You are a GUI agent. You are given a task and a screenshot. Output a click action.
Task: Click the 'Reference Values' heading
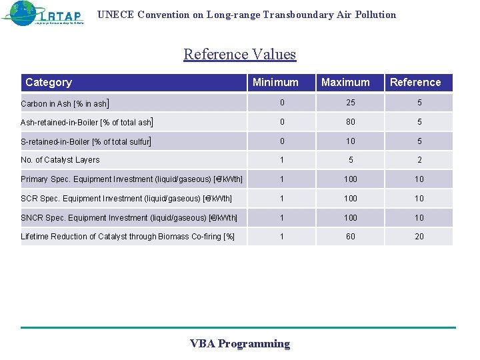point(239,54)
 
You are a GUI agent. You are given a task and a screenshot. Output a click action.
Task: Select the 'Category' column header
point(48,83)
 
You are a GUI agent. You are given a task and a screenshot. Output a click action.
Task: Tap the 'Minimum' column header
point(275,83)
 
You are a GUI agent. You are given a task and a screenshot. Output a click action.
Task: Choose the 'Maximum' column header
point(345,83)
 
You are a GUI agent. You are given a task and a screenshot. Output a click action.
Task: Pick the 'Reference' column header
point(415,83)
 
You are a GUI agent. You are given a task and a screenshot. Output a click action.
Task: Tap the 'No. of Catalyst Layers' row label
point(60,160)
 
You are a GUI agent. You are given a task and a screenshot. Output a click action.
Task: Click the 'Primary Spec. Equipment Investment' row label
point(131,179)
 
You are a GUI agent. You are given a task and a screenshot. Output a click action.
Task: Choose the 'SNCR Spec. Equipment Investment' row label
point(129,218)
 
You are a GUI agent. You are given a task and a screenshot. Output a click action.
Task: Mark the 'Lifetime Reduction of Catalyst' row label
point(127,237)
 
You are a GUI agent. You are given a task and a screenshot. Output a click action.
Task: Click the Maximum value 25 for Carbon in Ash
point(351,103)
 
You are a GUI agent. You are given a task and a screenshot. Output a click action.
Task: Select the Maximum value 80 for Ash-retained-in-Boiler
point(351,122)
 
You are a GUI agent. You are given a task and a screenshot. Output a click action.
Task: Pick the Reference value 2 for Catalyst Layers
point(419,160)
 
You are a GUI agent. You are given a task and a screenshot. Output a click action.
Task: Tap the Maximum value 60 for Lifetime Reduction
point(351,237)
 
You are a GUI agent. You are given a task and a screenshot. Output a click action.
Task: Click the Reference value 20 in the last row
point(419,237)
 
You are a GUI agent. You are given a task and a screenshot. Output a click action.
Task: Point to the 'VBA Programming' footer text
point(240,344)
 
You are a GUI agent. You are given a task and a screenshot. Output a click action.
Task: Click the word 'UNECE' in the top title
point(116,15)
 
